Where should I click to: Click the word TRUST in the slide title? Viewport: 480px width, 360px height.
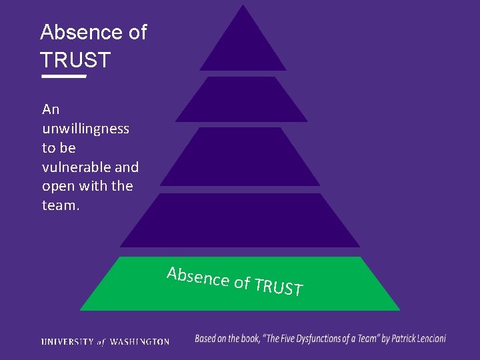click(x=75, y=60)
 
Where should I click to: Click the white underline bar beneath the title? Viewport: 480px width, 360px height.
click(x=64, y=77)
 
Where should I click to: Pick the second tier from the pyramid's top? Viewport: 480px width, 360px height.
click(x=241, y=100)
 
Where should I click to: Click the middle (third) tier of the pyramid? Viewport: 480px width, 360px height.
click(x=240, y=157)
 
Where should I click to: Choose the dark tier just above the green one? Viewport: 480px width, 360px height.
click(x=240, y=221)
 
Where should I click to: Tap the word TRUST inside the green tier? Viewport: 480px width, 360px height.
click(x=279, y=287)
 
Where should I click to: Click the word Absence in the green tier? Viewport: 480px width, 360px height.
click(x=198, y=277)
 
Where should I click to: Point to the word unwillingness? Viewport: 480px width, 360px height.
click(x=85, y=128)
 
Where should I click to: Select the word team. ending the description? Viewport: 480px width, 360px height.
click(x=61, y=205)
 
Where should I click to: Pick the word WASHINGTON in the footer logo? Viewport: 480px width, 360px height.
click(x=139, y=341)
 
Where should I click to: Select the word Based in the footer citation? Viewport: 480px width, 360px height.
click(x=207, y=339)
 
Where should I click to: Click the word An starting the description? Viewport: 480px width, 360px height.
click(x=51, y=109)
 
